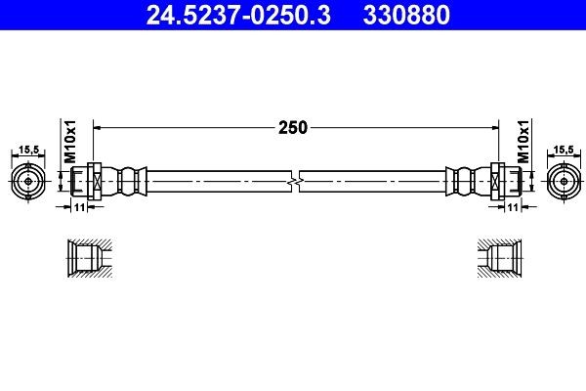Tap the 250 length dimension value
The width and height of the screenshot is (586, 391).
coord(293,126)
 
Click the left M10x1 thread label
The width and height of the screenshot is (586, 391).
coord(68,143)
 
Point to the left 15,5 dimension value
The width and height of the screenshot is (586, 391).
coord(28,150)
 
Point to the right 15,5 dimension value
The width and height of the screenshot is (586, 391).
coord(563,150)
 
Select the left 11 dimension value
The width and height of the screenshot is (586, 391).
coord(80,207)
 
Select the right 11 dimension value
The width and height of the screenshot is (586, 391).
coord(510,207)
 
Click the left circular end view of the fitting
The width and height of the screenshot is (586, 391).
coord(28,182)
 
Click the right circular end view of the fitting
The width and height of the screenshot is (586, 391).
coord(561,182)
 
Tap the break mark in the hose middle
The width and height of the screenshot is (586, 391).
coord(295,182)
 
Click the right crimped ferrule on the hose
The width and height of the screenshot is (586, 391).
coord(463,182)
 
